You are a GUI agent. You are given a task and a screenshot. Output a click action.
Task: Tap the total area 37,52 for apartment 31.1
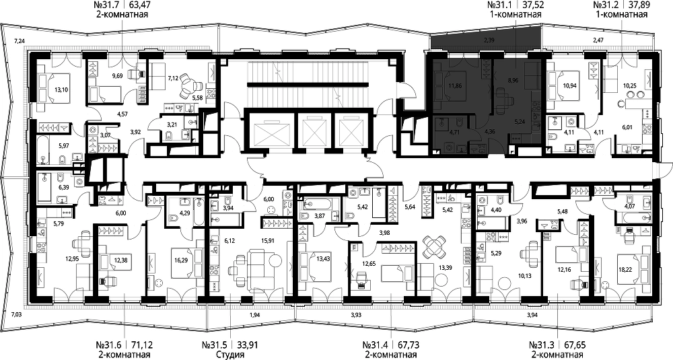(532, 5)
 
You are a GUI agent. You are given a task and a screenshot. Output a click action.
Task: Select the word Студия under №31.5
(230, 355)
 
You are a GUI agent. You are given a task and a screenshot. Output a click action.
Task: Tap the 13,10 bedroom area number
(61, 91)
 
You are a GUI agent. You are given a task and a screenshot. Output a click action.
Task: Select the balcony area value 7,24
(20, 41)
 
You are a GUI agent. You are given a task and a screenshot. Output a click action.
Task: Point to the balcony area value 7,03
(18, 314)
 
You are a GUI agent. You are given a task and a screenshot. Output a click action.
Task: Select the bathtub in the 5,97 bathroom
(45, 151)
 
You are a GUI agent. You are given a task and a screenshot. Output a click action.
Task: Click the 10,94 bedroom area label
(569, 85)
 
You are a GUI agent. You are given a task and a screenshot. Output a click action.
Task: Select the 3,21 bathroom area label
(172, 125)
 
